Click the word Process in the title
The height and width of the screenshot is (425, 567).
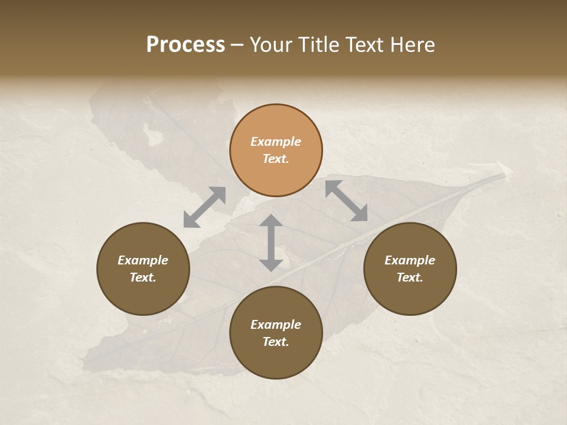tap(185, 45)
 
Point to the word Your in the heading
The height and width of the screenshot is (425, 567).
tap(271, 45)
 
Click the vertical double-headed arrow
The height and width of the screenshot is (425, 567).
tap(271, 243)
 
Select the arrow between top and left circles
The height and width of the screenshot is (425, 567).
tap(204, 207)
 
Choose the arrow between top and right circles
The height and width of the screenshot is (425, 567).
tap(347, 201)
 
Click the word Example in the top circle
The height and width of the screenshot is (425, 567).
tap(276, 142)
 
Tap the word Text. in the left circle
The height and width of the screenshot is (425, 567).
tap(143, 277)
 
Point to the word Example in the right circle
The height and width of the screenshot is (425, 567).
tap(410, 260)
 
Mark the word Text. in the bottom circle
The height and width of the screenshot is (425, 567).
tap(276, 342)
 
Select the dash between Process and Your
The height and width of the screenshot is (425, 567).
tap(237, 45)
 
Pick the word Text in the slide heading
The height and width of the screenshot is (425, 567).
tap(363, 45)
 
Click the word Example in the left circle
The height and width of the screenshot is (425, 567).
tap(143, 260)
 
